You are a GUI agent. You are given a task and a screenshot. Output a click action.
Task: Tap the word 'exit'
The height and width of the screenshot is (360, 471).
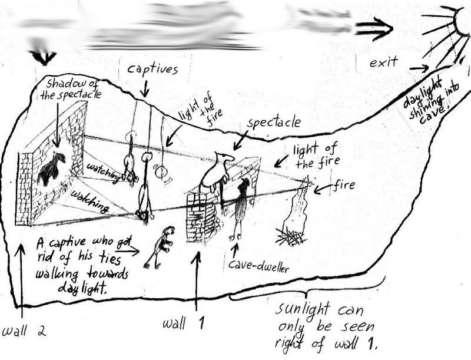tap(384, 61)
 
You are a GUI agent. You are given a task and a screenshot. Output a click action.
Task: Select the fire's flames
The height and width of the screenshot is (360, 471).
tap(297, 206)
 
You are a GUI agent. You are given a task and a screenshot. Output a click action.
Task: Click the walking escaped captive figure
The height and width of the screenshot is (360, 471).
tap(160, 245)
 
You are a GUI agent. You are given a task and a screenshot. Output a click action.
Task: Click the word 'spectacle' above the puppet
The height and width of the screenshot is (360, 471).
tap(274, 123)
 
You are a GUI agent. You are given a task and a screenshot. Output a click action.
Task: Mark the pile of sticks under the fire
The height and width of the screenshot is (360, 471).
tap(291, 238)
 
